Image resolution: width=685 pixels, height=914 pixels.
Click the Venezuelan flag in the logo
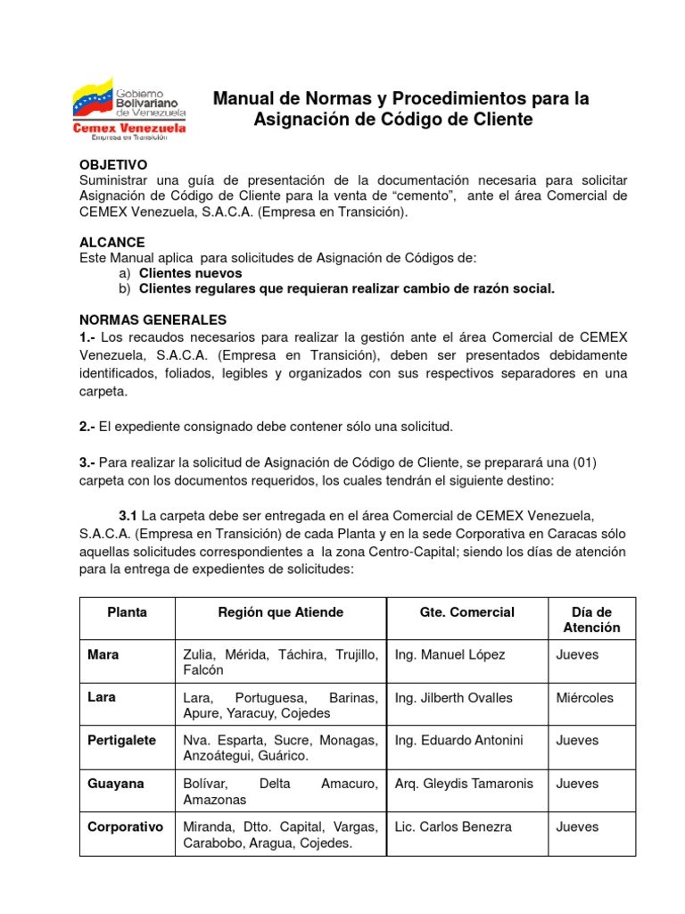pyautogui.click(x=93, y=97)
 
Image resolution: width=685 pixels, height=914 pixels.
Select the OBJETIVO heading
pyautogui.click(x=112, y=165)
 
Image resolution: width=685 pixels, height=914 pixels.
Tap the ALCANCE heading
pyautogui.click(x=111, y=243)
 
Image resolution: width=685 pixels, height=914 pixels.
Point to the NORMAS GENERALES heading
pyautogui.click(x=153, y=320)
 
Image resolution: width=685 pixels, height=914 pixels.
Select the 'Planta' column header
pyautogui.click(x=127, y=612)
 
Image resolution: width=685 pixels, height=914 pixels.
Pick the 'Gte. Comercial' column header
pyautogui.click(x=466, y=612)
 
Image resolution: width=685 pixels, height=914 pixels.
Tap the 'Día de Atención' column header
pyautogui.click(x=591, y=619)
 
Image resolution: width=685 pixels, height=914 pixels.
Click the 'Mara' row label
pyautogui.click(x=103, y=655)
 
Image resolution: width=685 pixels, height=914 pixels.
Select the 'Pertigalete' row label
pyautogui.click(x=122, y=741)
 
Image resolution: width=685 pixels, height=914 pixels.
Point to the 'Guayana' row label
pyautogui.click(x=116, y=784)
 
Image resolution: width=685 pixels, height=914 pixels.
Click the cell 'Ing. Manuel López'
pyautogui.click(x=450, y=655)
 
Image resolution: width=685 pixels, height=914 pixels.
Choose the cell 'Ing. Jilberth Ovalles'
pyautogui.click(x=454, y=698)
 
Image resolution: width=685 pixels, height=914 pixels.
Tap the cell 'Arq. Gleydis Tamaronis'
pyautogui.click(x=464, y=784)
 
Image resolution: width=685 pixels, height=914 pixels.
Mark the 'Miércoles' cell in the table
pyautogui.click(x=584, y=698)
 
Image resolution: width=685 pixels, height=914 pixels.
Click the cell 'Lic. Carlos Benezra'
pyautogui.click(x=453, y=827)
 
